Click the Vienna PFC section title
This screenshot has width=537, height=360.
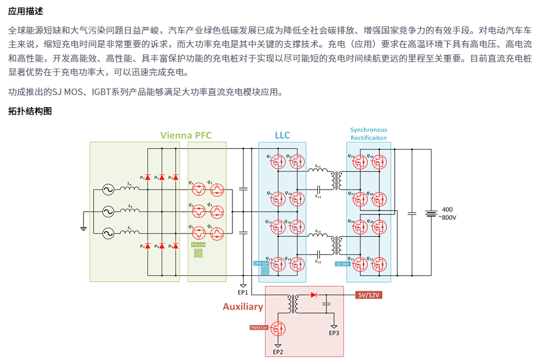click(x=185, y=135)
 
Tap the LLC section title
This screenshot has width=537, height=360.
click(x=282, y=135)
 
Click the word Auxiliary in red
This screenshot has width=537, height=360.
click(x=242, y=307)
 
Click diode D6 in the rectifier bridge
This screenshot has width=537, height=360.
click(x=176, y=246)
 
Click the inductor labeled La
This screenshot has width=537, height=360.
click(x=130, y=189)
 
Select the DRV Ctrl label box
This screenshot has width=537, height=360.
click(x=261, y=263)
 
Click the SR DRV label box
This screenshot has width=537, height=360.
click(x=342, y=264)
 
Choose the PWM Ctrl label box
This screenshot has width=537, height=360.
click(x=258, y=328)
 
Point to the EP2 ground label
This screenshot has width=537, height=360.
click(x=278, y=352)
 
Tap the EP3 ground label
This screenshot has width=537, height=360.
click(x=334, y=333)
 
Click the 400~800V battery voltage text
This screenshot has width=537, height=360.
click(x=447, y=213)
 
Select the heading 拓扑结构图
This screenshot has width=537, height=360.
click(x=30, y=111)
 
